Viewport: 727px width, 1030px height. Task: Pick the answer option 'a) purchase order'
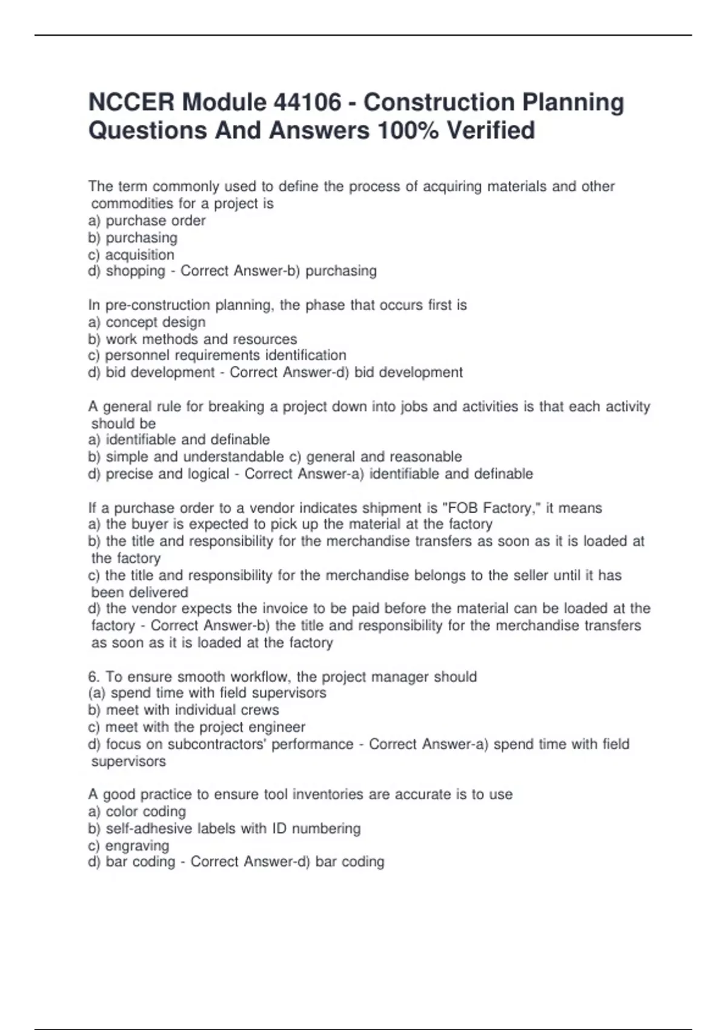click(147, 221)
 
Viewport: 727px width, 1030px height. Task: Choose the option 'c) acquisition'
click(131, 254)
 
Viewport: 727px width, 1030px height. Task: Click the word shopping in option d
click(135, 271)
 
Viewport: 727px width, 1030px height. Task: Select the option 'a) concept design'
click(147, 322)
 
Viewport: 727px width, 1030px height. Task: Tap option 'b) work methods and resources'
click(192, 339)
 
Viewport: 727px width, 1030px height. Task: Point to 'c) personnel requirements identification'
click(217, 355)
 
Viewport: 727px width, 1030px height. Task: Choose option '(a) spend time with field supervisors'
click(207, 693)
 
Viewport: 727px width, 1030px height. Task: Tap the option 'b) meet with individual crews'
click(183, 709)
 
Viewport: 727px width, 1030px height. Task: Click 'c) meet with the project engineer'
click(196, 726)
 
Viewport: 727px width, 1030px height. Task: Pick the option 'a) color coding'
click(137, 811)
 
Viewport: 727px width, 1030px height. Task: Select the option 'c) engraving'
click(128, 845)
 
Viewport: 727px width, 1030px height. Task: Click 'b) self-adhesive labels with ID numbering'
click(224, 828)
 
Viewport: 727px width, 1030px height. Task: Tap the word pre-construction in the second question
click(147, 305)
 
